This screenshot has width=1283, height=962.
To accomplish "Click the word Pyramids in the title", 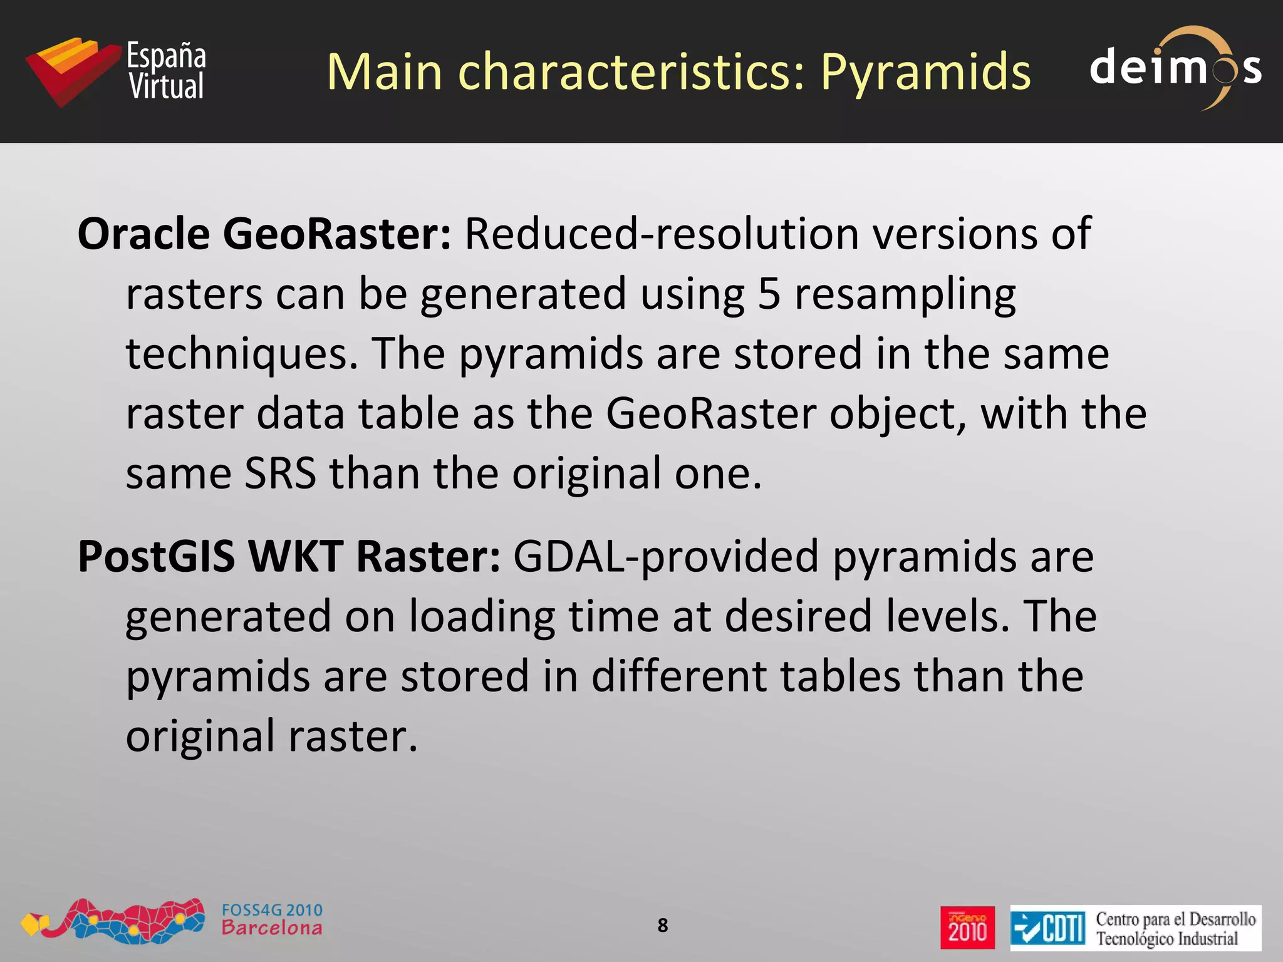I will point(925,72).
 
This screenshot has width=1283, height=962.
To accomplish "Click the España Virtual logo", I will point(117,71).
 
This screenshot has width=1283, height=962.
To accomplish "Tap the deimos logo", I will point(1175,68).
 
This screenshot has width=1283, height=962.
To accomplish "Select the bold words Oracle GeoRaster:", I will point(264,234).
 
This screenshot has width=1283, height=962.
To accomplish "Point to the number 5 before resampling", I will point(769,293).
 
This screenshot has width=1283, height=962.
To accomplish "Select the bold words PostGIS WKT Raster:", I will point(289,556).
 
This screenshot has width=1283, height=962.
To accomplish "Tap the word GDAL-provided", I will point(666,556).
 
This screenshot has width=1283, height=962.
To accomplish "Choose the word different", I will point(678,676).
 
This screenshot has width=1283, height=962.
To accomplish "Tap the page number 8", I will point(663,925).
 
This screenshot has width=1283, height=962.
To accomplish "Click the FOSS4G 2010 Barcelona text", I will point(272,919).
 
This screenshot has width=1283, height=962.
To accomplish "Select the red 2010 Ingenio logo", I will point(967,928).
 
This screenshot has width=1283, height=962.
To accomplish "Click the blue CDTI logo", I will point(1047,928).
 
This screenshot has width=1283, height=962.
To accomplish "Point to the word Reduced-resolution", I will point(662,234).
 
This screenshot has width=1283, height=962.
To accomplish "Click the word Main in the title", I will point(384,72).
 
